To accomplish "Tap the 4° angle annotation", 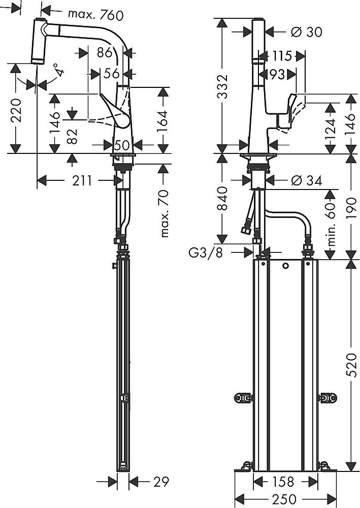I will (x=60, y=70).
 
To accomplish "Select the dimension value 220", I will (x=17, y=108).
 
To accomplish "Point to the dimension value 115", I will (x=281, y=56).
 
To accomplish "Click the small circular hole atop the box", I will (x=286, y=266).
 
